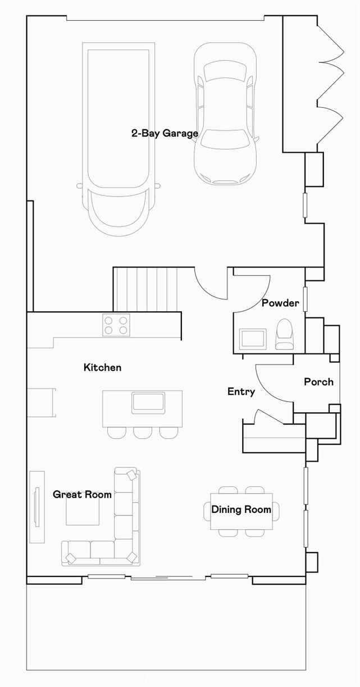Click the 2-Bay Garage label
click(x=165, y=133)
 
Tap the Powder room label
click(x=280, y=303)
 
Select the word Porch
click(x=318, y=382)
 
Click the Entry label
click(x=241, y=392)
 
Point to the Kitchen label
click(x=102, y=367)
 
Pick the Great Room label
click(x=82, y=494)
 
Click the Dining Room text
click(x=241, y=509)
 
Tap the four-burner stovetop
click(x=116, y=325)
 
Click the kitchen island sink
click(x=148, y=403)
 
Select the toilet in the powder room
click(x=285, y=334)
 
